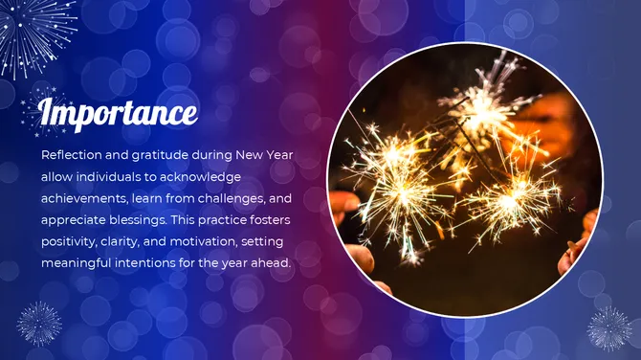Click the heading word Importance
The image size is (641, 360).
coord(118,112)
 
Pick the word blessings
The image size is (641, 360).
coord(137,220)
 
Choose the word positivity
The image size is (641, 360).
coord(70,241)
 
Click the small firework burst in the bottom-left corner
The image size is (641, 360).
coord(39,323)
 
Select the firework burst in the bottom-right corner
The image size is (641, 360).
coord(608,327)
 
